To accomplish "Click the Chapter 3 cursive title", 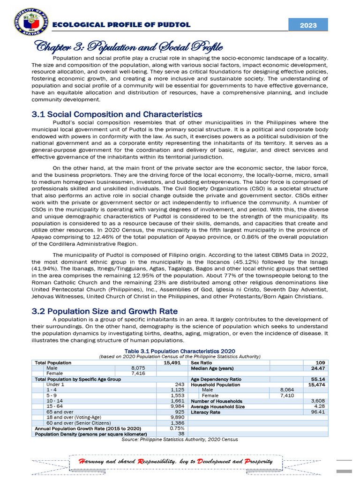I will (x=127, y=47).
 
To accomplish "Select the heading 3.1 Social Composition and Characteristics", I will (x=117, y=114).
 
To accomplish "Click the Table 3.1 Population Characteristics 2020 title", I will (x=180, y=351).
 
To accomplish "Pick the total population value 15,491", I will (x=172, y=363).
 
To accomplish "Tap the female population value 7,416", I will (x=139, y=374).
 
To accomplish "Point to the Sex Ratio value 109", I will (x=321, y=363).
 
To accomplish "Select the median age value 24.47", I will (x=318, y=368).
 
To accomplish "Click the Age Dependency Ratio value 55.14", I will (x=318, y=379).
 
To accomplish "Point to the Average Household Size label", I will (x=217, y=407).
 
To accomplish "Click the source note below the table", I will (x=180, y=440).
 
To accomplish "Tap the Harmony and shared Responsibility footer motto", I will (x=177, y=462).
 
